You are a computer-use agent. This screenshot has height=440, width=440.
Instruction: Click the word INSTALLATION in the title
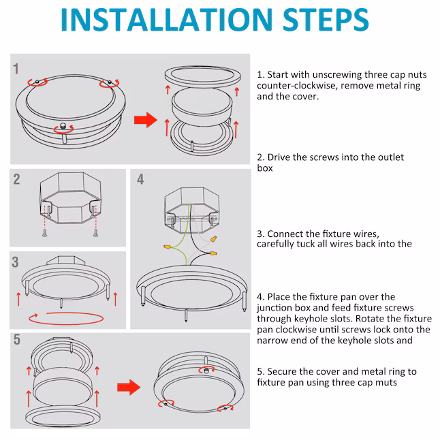click(x=167, y=20)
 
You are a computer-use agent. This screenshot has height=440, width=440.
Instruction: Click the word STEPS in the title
click(x=326, y=20)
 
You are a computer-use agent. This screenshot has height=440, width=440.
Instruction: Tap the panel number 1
click(x=16, y=69)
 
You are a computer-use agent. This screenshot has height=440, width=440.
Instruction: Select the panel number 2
click(x=16, y=179)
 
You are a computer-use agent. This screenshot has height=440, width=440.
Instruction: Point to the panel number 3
click(x=15, y=262)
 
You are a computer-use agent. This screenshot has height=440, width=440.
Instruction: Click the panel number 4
click(x=140, y=179)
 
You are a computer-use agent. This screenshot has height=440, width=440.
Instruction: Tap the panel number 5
click(x=17, y=340)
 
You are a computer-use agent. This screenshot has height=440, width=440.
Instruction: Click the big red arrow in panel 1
click(x=145, y=120)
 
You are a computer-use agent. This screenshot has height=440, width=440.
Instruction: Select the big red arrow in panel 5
click(x=129, y=388)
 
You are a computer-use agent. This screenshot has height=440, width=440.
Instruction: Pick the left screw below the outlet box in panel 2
click(x=45, y=233)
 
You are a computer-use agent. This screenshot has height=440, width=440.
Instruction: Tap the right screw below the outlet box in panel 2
click(x=95, y=233)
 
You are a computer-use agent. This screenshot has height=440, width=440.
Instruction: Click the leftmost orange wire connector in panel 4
click(x=168, y=247)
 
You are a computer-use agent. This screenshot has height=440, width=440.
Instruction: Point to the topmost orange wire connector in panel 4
click(x=214, y=240)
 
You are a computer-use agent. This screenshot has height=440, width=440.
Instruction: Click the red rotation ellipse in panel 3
click(x=66, y=319)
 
